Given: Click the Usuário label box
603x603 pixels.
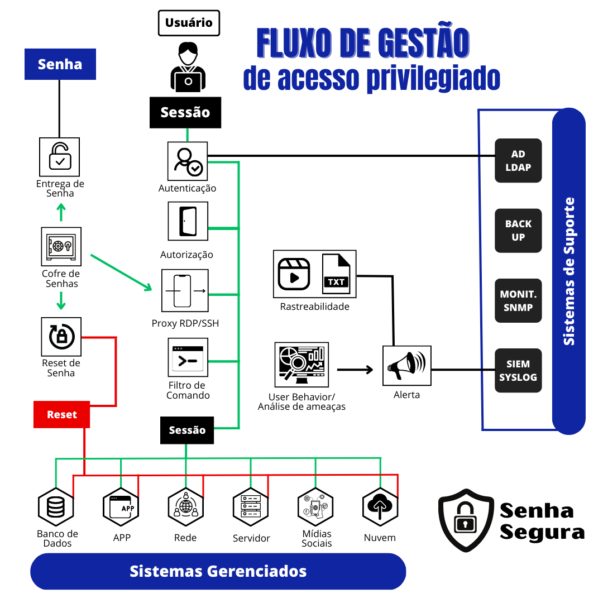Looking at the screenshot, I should (x=189, y=23).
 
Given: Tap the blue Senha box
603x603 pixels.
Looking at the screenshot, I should (x=60, y=64).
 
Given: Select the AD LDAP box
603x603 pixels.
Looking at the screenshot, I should (x=518, y=161).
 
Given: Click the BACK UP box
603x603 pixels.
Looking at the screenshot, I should (x=518, y=230).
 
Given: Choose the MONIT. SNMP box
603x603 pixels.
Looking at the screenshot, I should (x=518, y=300).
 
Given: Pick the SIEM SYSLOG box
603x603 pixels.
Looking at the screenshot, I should (x=518, y=371).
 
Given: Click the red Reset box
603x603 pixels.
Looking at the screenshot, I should (x=61, y=414).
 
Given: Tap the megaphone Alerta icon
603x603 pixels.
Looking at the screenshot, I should (x=407, y=366).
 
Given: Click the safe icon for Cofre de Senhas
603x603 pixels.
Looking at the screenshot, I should (x=61, y=246).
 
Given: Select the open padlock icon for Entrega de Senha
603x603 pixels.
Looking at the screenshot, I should (x=59, y=157).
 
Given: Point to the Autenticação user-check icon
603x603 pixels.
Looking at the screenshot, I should (x=188, y=161).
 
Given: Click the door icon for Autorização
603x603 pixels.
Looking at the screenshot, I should (x=188, y=221).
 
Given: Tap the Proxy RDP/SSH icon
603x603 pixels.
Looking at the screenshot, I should (x=185, y=291).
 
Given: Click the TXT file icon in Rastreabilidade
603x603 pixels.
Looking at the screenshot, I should (x=336, y=274).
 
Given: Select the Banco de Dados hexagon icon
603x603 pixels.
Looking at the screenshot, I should (x=56, y=506).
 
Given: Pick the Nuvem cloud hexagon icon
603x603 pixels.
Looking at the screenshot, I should (x=380, y=506).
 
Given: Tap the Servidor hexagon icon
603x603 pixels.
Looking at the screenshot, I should (x=251, y=506).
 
